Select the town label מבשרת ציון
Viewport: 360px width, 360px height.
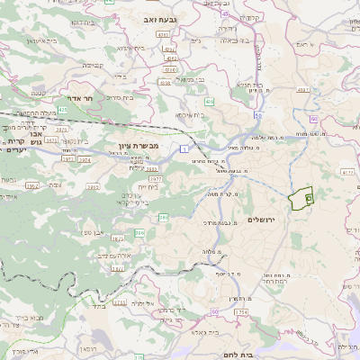tap(139, 145)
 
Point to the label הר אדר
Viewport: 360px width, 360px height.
tap(71, 99)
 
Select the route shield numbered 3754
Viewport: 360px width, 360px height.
tap(240, 311)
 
